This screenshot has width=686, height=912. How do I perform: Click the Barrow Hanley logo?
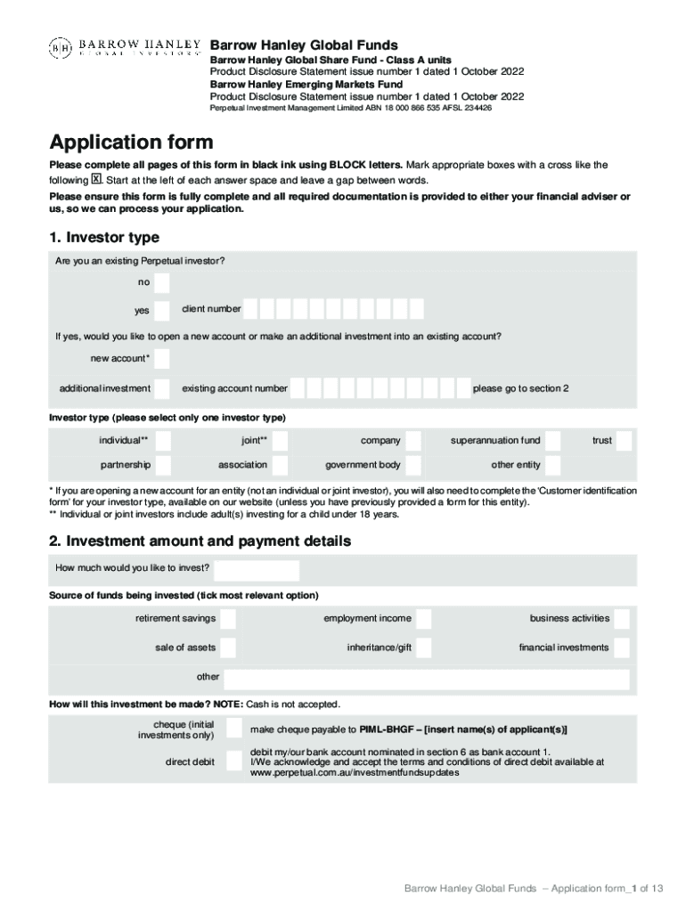pyautogui.click(x=124, y=47)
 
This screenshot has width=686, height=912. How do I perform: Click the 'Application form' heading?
pyautogui.click(x=131, y=142)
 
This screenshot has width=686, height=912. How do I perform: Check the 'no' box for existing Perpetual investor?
pyautogui.click(x=161, y=282)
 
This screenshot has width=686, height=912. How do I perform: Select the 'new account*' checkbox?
pyautogui.click(x=161, y=359)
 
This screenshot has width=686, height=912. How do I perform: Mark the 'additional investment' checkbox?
pyautogui.click(x=161, y=388)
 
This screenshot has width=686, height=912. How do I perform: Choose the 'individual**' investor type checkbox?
pyautogui.click(x=161, y=440)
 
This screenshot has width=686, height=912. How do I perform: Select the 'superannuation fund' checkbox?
pyautogui.click(x=553, y=440)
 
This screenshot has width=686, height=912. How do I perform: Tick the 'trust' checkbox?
pyautogui.click(x=625, y=440)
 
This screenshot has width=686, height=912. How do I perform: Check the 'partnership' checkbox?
pyautogui.click(x=161, y=465)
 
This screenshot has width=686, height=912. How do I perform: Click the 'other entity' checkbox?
pyautogui.click(x=553, y=465)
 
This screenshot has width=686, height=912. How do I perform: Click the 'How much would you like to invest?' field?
pyautogui.click(x=257, y=570)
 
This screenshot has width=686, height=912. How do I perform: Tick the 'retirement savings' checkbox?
pyautogui.click(x=228, y=619)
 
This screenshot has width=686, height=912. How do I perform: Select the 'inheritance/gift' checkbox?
pyautogui.click(x=424, y=647)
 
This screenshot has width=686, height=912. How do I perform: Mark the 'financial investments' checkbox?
pyautogui.click(x=622, y=647)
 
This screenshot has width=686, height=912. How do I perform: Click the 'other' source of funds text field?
pyautogui.click(x=426, y=679)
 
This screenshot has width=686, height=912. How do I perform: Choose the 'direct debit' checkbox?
pyautogui.click(x=233, y=761)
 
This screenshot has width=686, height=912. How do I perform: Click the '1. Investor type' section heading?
pyautogui.click(x=104, y=237)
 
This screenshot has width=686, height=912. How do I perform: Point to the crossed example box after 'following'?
pyautogui.click(x=97, y=179)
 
